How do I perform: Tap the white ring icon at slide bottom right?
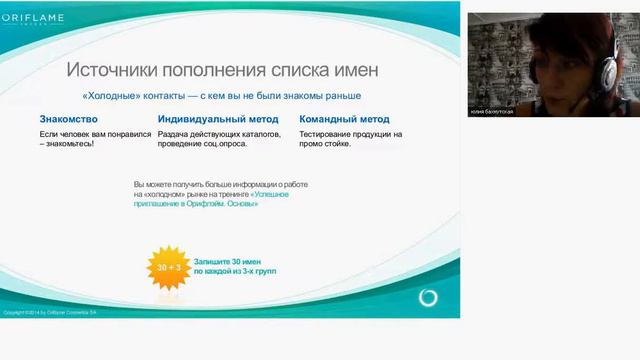click(429, 298)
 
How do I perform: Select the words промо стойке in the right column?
click(329, 144)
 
